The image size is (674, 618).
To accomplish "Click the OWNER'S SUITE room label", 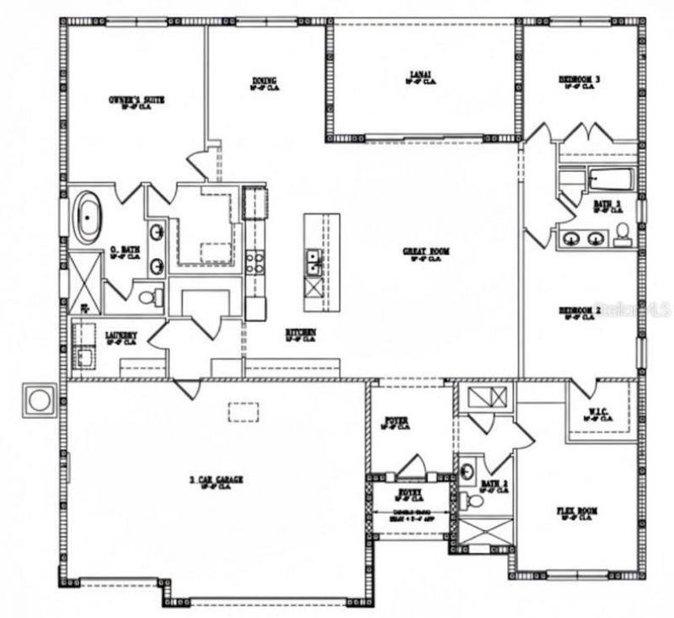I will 136,99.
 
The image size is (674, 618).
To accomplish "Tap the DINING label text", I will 264,82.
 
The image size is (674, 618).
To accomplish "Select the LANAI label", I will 421,78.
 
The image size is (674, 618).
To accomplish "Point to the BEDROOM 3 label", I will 580,81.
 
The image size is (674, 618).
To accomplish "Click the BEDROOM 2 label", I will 580,312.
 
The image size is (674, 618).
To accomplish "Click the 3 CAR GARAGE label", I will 216,481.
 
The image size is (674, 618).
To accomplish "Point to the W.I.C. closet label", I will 600,414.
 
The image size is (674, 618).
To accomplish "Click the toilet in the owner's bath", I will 150,297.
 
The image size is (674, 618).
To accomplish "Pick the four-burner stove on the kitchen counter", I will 254,261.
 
